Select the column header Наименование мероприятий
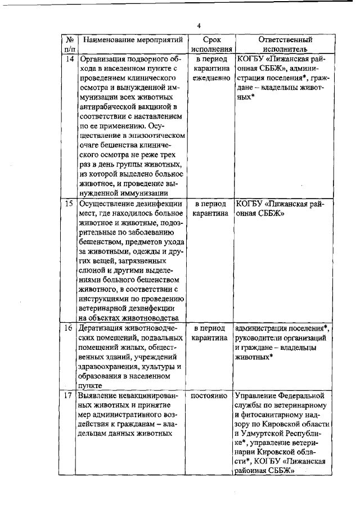(x=132, y=40)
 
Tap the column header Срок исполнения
(x=209, y=44)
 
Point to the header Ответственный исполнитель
(x=285, y=44)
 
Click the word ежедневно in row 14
(x=210, y=78)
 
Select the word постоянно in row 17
(x=209, y=395)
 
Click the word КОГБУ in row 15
(x=251, y=203)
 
